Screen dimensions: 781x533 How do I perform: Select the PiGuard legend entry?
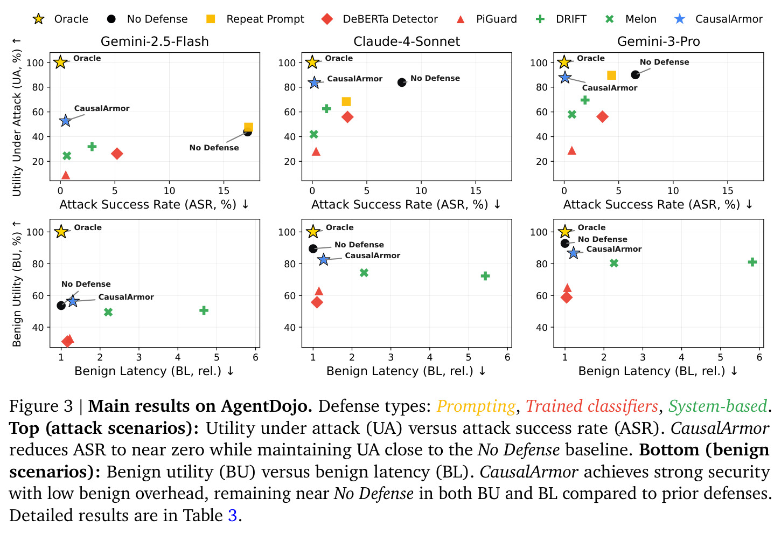point(486,19)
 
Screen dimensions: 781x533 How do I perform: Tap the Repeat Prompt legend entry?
point(255,19)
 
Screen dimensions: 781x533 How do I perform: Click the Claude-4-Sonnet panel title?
point(407,41)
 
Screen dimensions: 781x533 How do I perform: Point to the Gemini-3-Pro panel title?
point(658,41)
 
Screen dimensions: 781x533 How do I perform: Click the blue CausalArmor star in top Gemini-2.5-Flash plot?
point(65,121)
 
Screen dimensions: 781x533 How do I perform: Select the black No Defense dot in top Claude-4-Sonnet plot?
point(402,82)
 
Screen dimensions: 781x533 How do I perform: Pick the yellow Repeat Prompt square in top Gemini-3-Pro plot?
point(611,75)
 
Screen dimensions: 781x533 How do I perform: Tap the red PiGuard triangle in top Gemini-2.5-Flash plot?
point(66,175)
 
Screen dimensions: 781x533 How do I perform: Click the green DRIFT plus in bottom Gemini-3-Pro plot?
point(752,262)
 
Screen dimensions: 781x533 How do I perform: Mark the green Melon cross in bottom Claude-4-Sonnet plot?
point(364,273)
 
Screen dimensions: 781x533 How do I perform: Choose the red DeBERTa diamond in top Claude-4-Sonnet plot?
point(347,117)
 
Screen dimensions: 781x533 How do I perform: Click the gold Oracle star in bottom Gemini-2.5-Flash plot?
point(61,232)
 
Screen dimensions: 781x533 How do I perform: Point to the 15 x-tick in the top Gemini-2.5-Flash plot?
point(224,191)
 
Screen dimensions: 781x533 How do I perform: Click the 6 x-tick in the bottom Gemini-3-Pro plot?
point(759,357)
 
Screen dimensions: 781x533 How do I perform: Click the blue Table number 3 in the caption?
point(233,515)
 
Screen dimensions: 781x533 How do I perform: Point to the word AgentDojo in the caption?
point(267,406)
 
